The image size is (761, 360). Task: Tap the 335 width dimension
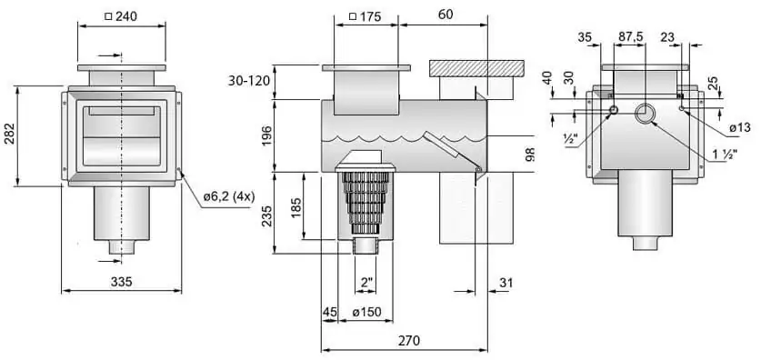click(x=121, y=282)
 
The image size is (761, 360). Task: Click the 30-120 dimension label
click(x=248, y=81)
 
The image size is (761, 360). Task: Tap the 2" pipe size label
click(x=366, y=282)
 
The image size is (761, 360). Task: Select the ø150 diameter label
click(x=367, y=312)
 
